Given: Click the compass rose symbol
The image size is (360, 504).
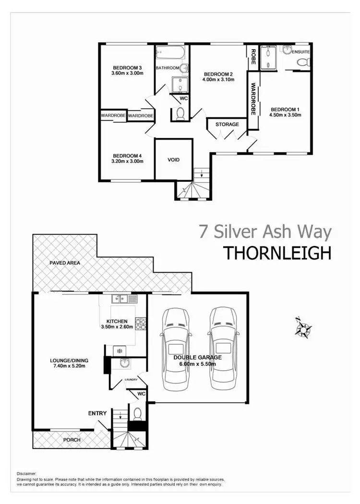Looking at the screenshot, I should click(303, 328).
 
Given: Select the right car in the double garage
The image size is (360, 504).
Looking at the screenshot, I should click(222, 349).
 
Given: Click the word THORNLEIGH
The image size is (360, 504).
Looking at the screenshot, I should click(277, 253).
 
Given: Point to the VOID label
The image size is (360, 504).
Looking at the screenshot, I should click(173, 159).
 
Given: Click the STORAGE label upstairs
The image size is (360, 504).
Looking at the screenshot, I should click(227, 125).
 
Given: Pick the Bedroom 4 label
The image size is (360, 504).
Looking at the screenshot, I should click(127, 155).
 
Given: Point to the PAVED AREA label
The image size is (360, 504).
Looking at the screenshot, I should click(64, 263).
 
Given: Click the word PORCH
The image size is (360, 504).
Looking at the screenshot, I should click(72, 440).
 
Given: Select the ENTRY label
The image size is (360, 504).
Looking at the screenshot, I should click(97, 413).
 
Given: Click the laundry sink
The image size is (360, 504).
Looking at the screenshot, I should click(124, 363).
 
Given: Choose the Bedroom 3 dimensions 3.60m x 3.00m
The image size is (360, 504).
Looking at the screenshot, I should click(127, 73).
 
